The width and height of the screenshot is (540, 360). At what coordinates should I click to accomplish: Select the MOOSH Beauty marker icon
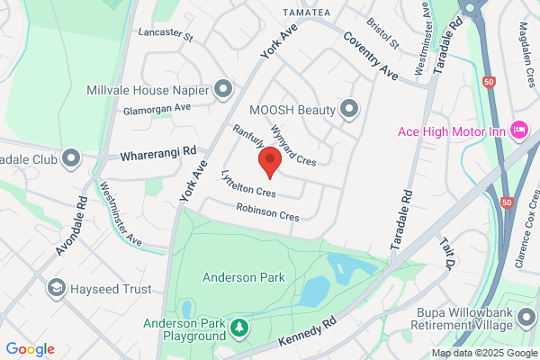pyautogui.click(x=350, y=110)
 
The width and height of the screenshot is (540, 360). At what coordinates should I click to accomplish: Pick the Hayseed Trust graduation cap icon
pyautogui.click(x=56, y=288)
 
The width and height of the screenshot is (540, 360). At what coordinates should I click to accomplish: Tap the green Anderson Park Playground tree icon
pyautogui.click(x=239, y=328)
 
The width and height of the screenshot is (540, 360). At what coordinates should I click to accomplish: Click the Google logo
pyautogui.click(x=31, y=349)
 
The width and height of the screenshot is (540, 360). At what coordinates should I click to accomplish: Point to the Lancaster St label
pyautogui.click(x=166, y=36)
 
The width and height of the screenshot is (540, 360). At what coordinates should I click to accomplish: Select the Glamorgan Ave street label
pyautogui.click(x=158, y=106)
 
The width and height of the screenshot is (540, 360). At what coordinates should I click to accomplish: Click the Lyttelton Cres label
pyautogui.click(x=247, y=184)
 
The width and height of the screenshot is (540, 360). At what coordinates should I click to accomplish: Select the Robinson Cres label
pyautogui.click(x=267, y=212)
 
